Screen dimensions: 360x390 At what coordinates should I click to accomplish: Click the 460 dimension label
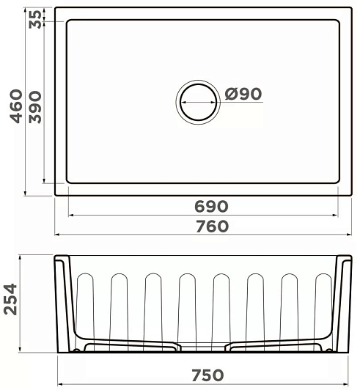click(x=16, y=106)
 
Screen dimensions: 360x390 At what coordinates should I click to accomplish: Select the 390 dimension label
click(x=35, y=107)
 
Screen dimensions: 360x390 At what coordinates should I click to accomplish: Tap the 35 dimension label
click(x=34, y=19)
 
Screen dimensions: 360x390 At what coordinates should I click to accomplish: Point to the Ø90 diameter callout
click(x=243, y=94)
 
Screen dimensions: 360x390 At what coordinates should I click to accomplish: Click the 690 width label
click(x=211, y=206)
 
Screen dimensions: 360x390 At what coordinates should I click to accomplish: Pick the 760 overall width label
click(x=212, y=226)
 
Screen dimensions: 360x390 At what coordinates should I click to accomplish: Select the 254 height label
click(x=11, y=299)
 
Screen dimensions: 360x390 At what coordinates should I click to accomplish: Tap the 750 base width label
click(x=207, y=375)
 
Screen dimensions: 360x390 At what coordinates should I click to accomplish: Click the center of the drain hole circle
click(x=198, y=102)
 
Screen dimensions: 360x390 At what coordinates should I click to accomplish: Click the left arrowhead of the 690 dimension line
click(x=70, y=215)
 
